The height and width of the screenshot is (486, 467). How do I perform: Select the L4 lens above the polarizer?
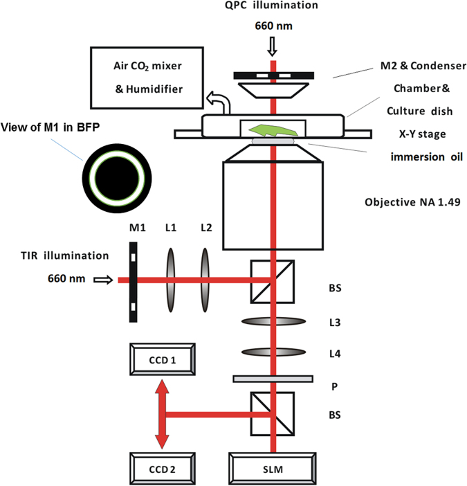pyautogui.click(x=275, y=353)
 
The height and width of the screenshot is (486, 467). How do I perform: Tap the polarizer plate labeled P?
pyautogui.click(x=275, y=379)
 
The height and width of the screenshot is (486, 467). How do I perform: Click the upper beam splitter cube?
pyautogui.click(x=274, y=281)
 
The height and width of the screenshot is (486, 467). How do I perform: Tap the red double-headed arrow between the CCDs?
pyautogui.click(x=161, y=415)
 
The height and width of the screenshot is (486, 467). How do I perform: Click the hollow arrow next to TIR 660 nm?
pyautogui.click(x=102, y=280)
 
